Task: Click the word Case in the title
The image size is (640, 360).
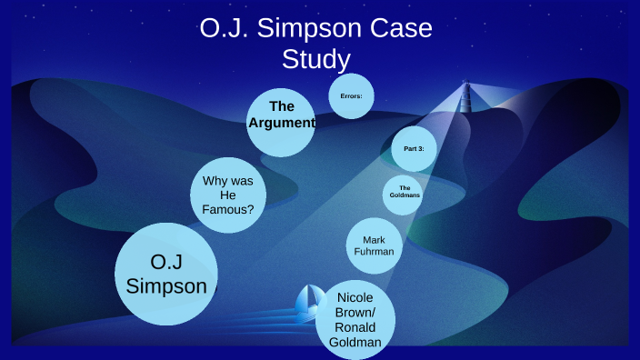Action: tap(397, 29)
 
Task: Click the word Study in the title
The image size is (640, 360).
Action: tap(315, 60)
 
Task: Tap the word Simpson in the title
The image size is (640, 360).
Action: tap(298, 29)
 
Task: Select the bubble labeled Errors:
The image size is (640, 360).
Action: tap(351, 95)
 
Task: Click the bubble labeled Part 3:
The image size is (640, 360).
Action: tap(414, 148)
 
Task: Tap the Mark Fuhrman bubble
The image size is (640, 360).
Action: tap(374, 245)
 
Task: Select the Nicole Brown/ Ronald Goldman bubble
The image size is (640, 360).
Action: tap(355, 319)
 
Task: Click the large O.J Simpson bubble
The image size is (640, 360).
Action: tap(166, 274)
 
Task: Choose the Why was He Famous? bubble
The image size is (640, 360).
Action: tap(228, 195)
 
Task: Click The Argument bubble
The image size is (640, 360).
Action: tap(282, 122)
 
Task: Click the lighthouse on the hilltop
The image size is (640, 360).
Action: tap(465, 93)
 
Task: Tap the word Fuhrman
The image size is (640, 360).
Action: tap(374, 252)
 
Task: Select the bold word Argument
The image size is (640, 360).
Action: tap(282, 122)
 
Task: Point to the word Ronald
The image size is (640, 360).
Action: tap(355, 327)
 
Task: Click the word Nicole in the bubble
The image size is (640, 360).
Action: tap(355, 297)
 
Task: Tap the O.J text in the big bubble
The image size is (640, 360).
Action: tap(167, 263)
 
